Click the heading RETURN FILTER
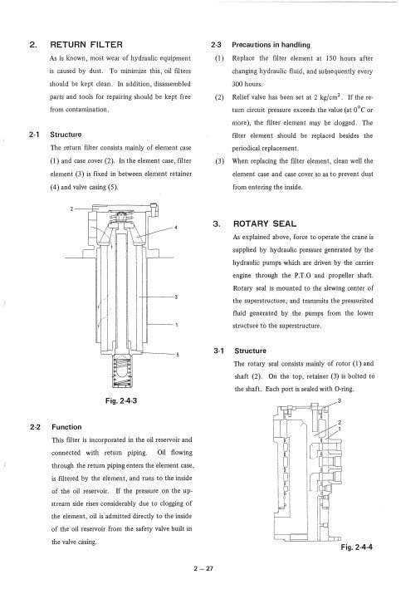pos(86,45)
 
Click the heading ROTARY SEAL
pos(265,223)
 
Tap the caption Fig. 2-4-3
pos(121,400)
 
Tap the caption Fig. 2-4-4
pos(356,547)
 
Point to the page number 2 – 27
pos(203,568)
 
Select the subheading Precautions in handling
pos(271,45)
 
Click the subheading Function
pos(66,427)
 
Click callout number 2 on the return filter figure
pos(71,209)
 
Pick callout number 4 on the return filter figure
pos(176,228)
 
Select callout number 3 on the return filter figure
pos(176,297)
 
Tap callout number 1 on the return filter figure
pos(177,325)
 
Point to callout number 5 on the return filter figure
pos(177,354)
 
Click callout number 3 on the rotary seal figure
pos(339,400)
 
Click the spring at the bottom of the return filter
pos(122,371)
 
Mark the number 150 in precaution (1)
pos(330,58)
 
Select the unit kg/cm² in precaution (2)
pos(330,97)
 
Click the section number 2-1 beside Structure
pos(34,135)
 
